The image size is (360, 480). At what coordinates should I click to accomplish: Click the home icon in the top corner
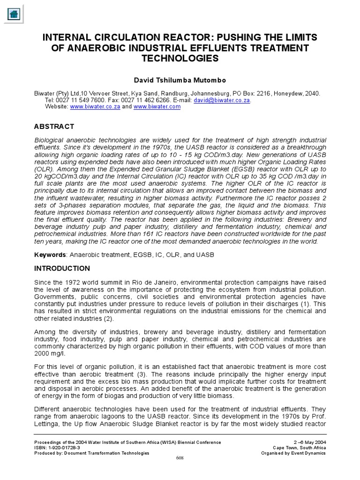point(14,14)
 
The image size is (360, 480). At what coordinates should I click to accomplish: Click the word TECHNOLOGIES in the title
point(180,59)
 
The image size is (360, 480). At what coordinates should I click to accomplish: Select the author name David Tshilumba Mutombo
point(180,80)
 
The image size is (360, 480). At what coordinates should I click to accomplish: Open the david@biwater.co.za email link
point(222,100)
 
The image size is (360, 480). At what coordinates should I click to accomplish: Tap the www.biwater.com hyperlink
point(157,107)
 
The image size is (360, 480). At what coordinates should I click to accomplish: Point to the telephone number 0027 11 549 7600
point(77,100)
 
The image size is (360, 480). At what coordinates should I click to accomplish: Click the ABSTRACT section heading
point(54,127)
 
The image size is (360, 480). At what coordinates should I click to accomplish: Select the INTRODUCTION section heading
point(62,269)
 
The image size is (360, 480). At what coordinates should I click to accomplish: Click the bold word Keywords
point(50,255)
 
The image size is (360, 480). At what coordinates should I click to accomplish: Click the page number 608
point(180,458)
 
